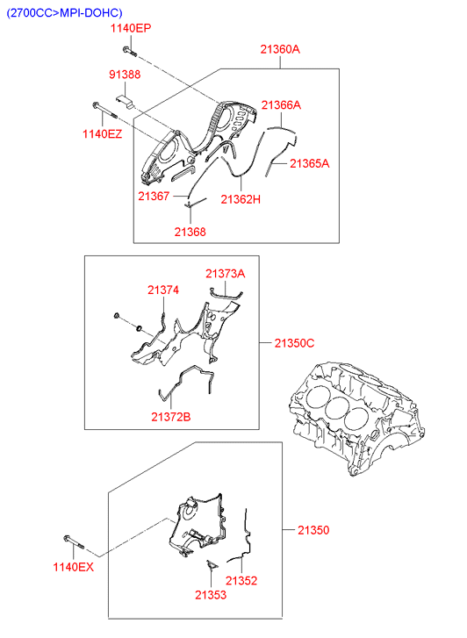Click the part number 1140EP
point(131,28)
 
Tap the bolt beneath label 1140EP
point(129,51)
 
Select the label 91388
point(125,75)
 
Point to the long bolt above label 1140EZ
point(105,111)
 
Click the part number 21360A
point(280,49)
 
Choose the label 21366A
point(281,105)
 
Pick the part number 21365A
point(310,163)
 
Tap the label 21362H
point(241,199)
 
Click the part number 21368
point(190,232)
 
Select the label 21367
point(154,196)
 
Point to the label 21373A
point(225,274)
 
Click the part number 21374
point(163,290)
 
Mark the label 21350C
point(294,343)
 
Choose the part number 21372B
point(171,417)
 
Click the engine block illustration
point(356,418)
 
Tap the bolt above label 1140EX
point(74,541)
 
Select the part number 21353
point(211,595)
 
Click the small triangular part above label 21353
point(212,564)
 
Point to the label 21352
point(241,581)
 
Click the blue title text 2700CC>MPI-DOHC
point(64,13)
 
